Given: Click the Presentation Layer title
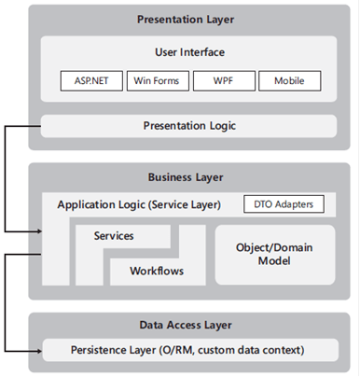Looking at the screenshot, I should (186, 19).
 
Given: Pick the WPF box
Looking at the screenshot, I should (223, 81).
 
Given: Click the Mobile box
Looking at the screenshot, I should (289, 81).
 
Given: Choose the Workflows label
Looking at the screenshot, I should (155, 272).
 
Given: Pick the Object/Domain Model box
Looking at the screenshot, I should (275, 254).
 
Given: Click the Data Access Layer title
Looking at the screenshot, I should (186, 325).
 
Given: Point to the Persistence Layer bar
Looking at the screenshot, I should (189, 351).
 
